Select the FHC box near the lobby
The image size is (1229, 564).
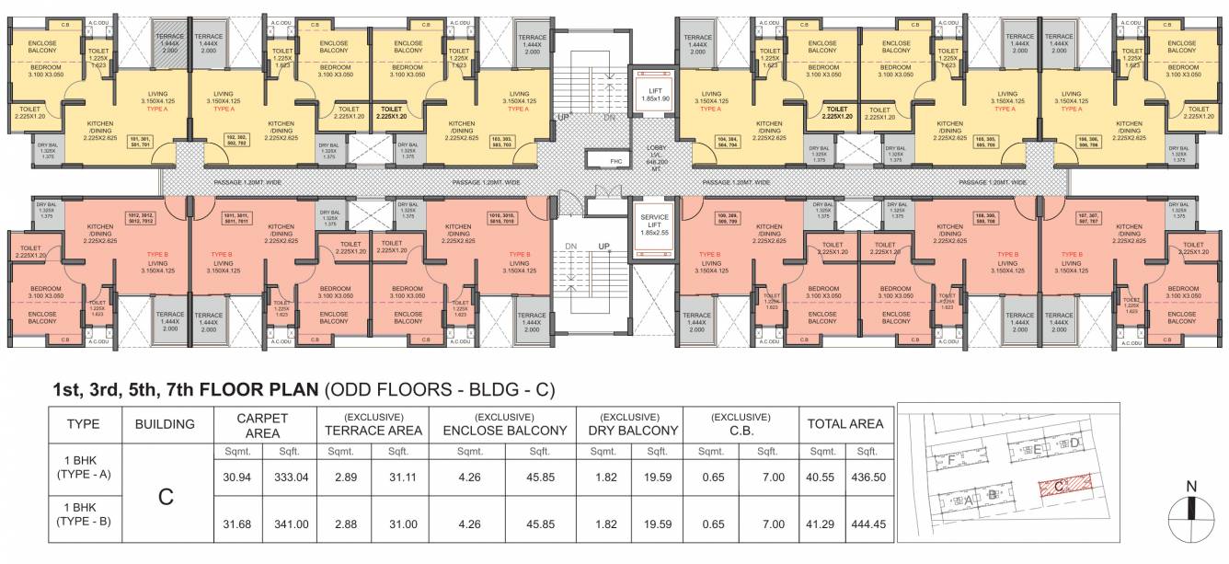click(617, 162)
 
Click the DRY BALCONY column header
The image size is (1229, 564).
click(629, 429)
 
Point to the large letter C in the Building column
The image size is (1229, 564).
click(166, 499)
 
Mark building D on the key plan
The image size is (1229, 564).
click(1073, 443)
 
